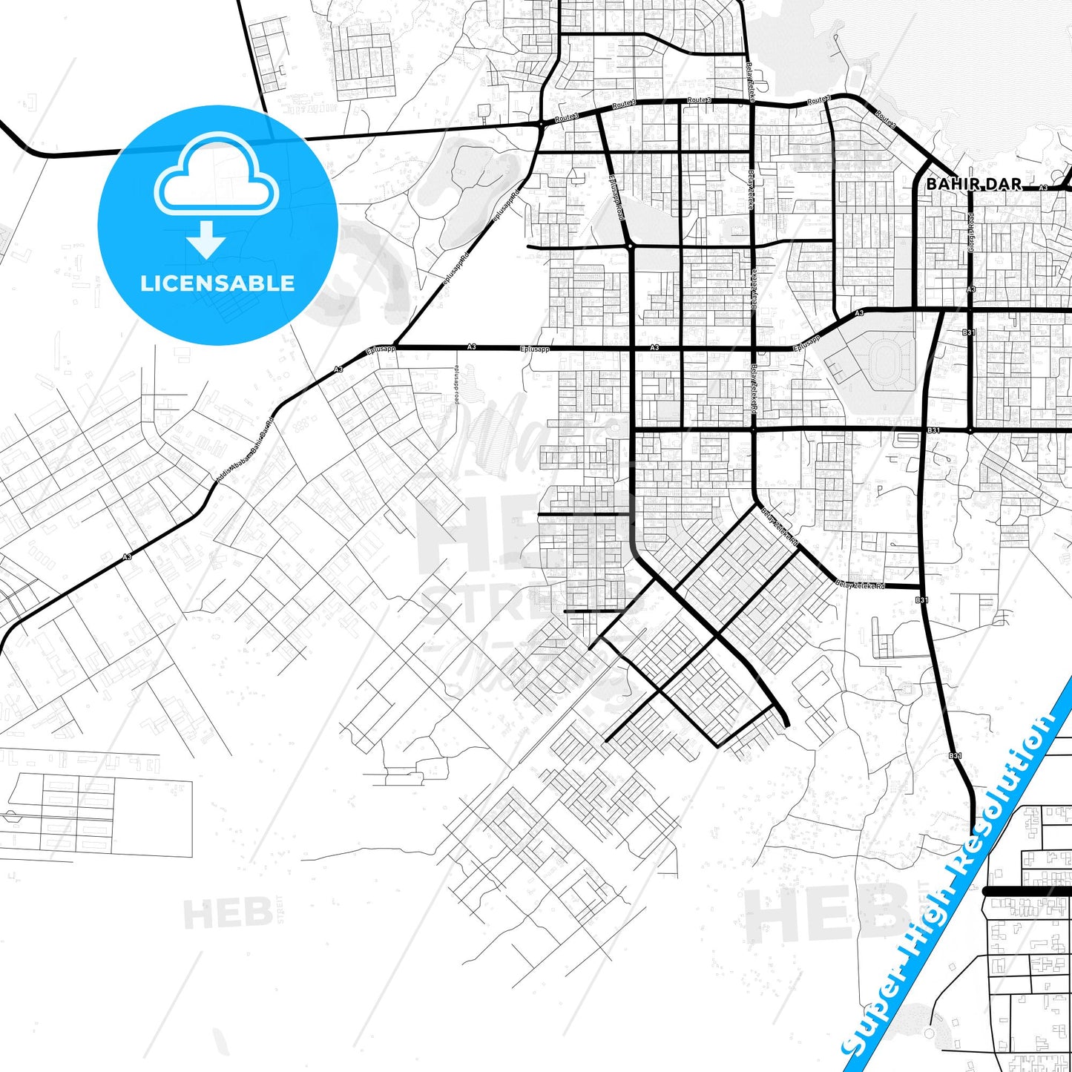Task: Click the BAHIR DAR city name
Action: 973,184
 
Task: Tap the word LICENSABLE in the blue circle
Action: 217,283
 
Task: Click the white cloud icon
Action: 216,176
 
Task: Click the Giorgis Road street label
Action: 970,232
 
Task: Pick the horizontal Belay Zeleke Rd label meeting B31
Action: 860,585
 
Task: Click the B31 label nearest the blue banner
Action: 956,755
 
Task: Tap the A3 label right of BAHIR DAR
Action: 1043,188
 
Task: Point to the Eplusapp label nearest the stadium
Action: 806,343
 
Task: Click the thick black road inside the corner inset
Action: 1027,890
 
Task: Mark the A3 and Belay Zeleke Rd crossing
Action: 753,347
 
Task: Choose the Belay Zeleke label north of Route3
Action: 749,76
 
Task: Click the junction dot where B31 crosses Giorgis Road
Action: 970,430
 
